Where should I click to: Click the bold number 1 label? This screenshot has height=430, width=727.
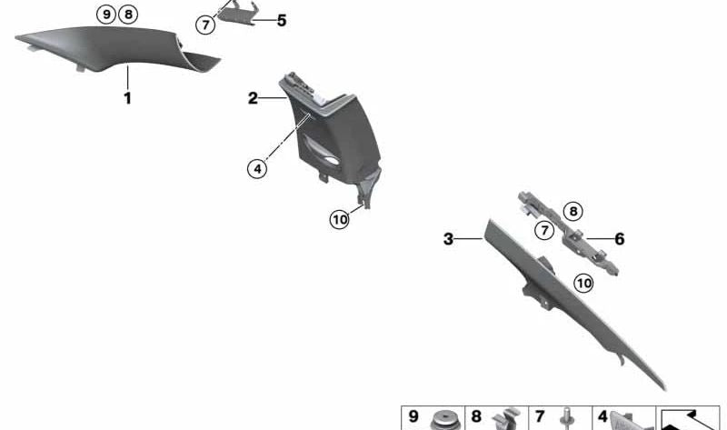[127, 98]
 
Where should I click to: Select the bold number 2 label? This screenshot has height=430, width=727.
[253, 98]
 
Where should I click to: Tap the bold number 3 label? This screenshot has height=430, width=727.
[448, 239]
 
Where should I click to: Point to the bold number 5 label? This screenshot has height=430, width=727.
[282, 21]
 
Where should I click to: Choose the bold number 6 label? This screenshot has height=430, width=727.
[620, 239]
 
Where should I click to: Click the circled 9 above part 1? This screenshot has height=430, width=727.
[106, 15]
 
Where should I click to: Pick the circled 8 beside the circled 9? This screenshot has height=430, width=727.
[128, 15]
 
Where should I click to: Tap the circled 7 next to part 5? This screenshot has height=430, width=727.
[205, 25]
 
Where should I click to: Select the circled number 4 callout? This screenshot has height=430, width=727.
[257, 168]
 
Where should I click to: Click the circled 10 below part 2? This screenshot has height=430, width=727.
[339, 219]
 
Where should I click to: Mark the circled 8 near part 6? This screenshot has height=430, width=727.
[573, 212]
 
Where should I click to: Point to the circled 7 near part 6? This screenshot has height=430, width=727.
[544, 230]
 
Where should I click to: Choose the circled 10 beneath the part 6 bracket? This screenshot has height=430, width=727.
[583, 283]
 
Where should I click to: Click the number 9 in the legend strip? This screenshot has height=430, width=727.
[413, 416]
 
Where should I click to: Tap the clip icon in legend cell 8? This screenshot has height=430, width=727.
[506, 419]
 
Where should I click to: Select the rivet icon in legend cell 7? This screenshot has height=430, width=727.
[567, 419]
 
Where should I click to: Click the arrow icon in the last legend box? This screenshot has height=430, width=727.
[690, 419]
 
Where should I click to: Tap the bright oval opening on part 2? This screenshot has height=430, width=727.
[331, 161]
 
